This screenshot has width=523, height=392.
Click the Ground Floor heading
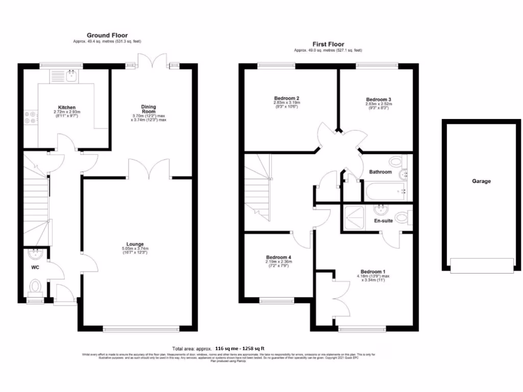point(107,35)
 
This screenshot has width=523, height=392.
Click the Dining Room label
point(149,109)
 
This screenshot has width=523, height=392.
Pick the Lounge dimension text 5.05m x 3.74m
point(135,249)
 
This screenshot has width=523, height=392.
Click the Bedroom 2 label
point(287,98)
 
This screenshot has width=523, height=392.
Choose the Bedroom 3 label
point(378,100)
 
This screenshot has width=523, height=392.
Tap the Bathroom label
point(381,172)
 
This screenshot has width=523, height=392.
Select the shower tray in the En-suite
point(354,217)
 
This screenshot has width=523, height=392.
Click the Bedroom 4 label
point(278,257)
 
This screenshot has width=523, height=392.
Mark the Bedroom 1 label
point(373,272)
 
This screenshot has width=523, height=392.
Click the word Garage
point(481,181)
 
